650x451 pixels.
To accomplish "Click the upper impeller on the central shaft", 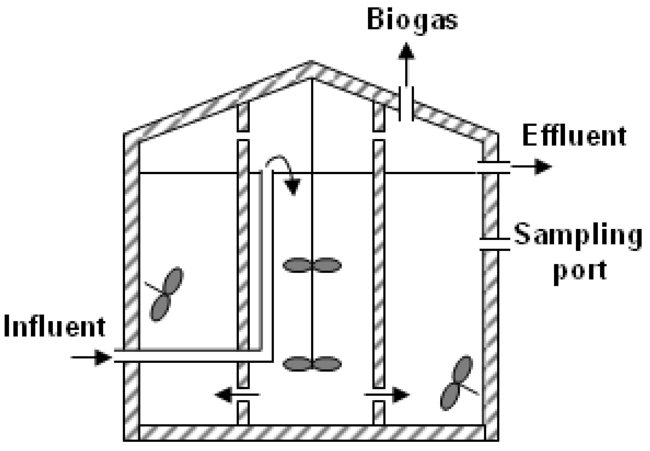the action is (312, 265).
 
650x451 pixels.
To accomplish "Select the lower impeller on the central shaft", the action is (312, 364).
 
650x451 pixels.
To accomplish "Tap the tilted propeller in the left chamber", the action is (166, 294).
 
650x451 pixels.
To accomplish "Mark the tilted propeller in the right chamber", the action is (457, 383).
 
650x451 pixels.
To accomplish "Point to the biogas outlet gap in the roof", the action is (406, 104).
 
